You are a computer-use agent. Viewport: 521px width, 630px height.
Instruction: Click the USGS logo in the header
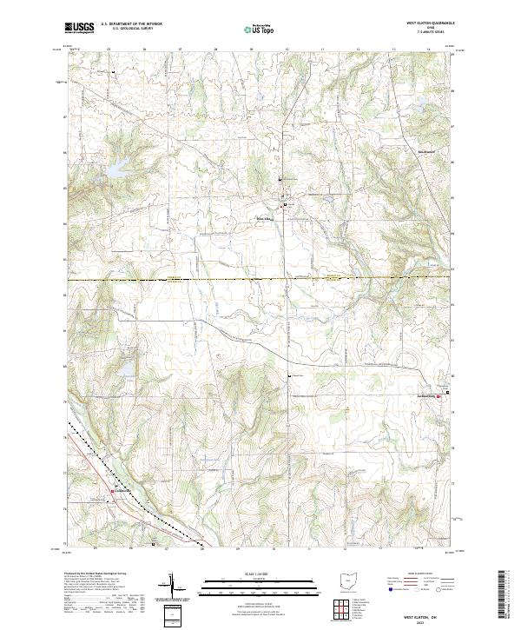pos(79,29)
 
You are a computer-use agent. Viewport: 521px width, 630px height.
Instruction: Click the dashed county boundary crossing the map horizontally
pos(260,280)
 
